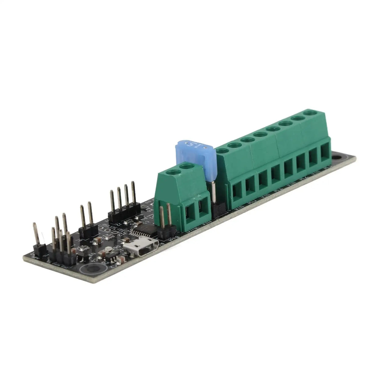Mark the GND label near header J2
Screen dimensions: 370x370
tap(106, 226)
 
